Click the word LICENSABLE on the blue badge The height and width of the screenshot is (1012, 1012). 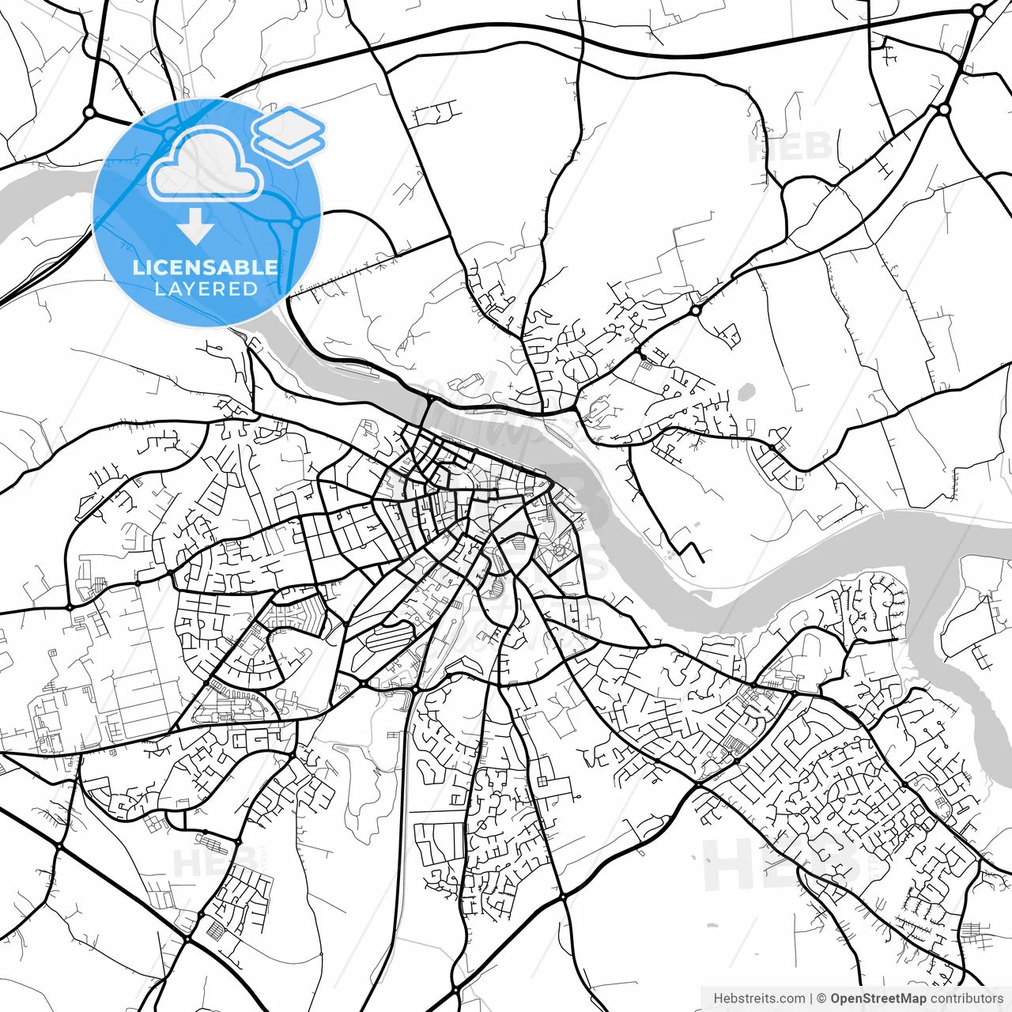point(206,267)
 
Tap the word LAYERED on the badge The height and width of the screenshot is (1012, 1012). point(206,289)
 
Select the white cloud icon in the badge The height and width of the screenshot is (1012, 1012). point(206,164)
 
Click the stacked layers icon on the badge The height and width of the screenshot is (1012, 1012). point(289,134)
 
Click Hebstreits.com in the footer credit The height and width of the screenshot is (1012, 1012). point(759,999)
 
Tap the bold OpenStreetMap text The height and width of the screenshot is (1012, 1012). point(878,999)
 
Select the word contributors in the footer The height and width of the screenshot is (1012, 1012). point(966,999)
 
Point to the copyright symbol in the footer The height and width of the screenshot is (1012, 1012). point(822,999)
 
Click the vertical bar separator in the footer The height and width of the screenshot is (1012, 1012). point(812,999)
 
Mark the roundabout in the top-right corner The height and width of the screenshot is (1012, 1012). point(978,12)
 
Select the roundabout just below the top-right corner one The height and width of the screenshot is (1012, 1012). point(943,109)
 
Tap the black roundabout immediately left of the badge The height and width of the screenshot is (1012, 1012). point(89,113)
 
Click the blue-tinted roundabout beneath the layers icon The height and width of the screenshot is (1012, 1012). point(296,223)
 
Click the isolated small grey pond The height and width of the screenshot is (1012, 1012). point(746,391)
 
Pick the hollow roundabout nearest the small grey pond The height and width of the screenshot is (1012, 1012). point(695,311)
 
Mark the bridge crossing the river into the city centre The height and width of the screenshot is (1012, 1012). point(429,411)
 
